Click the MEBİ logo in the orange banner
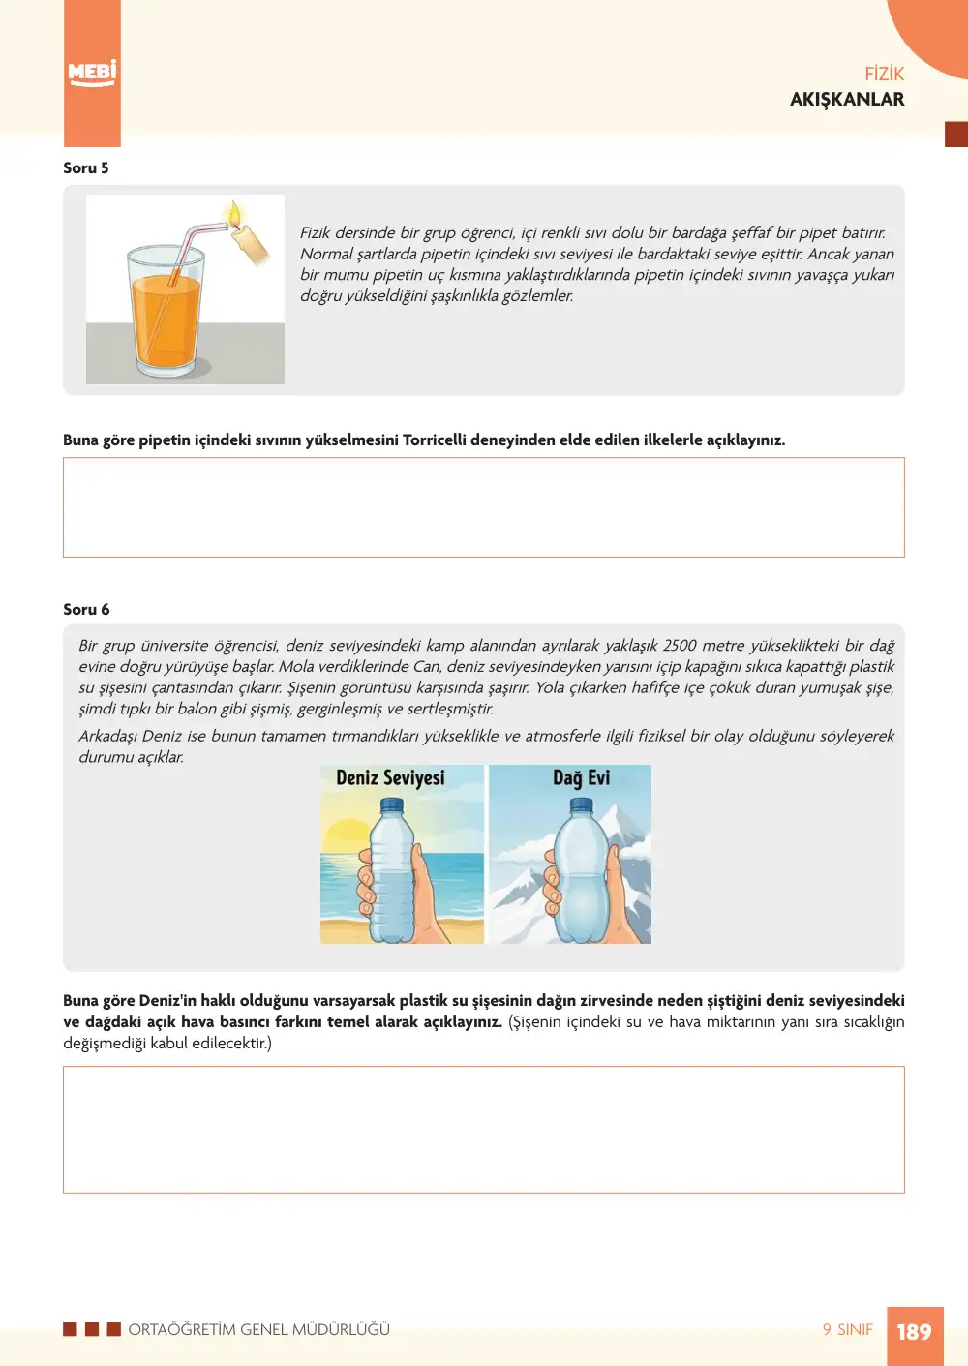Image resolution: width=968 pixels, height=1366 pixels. [x=92, y=74]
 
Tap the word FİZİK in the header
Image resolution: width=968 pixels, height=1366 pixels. [x=884, y=74]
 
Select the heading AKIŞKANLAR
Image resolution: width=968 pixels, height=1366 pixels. [x=847, y=99]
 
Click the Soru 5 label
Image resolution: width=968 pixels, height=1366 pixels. [x=86, y=167]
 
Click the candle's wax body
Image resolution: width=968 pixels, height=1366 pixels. [x=250, y=245]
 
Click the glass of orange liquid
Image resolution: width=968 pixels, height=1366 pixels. [x=166, y=310]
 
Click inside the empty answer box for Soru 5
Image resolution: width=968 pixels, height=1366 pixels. [x=483, y=506]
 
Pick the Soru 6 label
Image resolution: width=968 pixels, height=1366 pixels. [x=86, y=609]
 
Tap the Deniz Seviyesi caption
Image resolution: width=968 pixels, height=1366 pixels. [x=390, y=777]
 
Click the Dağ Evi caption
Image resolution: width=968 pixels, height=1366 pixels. [x=581, y=777]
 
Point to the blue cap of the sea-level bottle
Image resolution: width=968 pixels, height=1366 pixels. [x=391, y=806]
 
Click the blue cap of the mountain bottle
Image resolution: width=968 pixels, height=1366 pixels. [x=581, y=806]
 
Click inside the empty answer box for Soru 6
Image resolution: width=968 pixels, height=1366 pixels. [x=483, y=1130]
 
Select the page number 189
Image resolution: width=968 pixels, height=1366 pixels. [x=915, y=1331]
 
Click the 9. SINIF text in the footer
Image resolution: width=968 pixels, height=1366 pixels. [x=847, y=1329]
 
